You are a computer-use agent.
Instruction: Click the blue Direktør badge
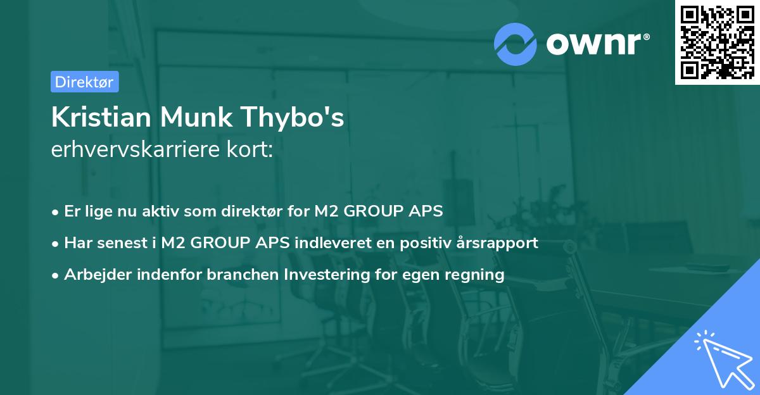84,82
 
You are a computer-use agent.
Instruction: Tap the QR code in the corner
718,42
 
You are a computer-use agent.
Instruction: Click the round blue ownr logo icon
516,44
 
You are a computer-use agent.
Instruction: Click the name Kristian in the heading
101,118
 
